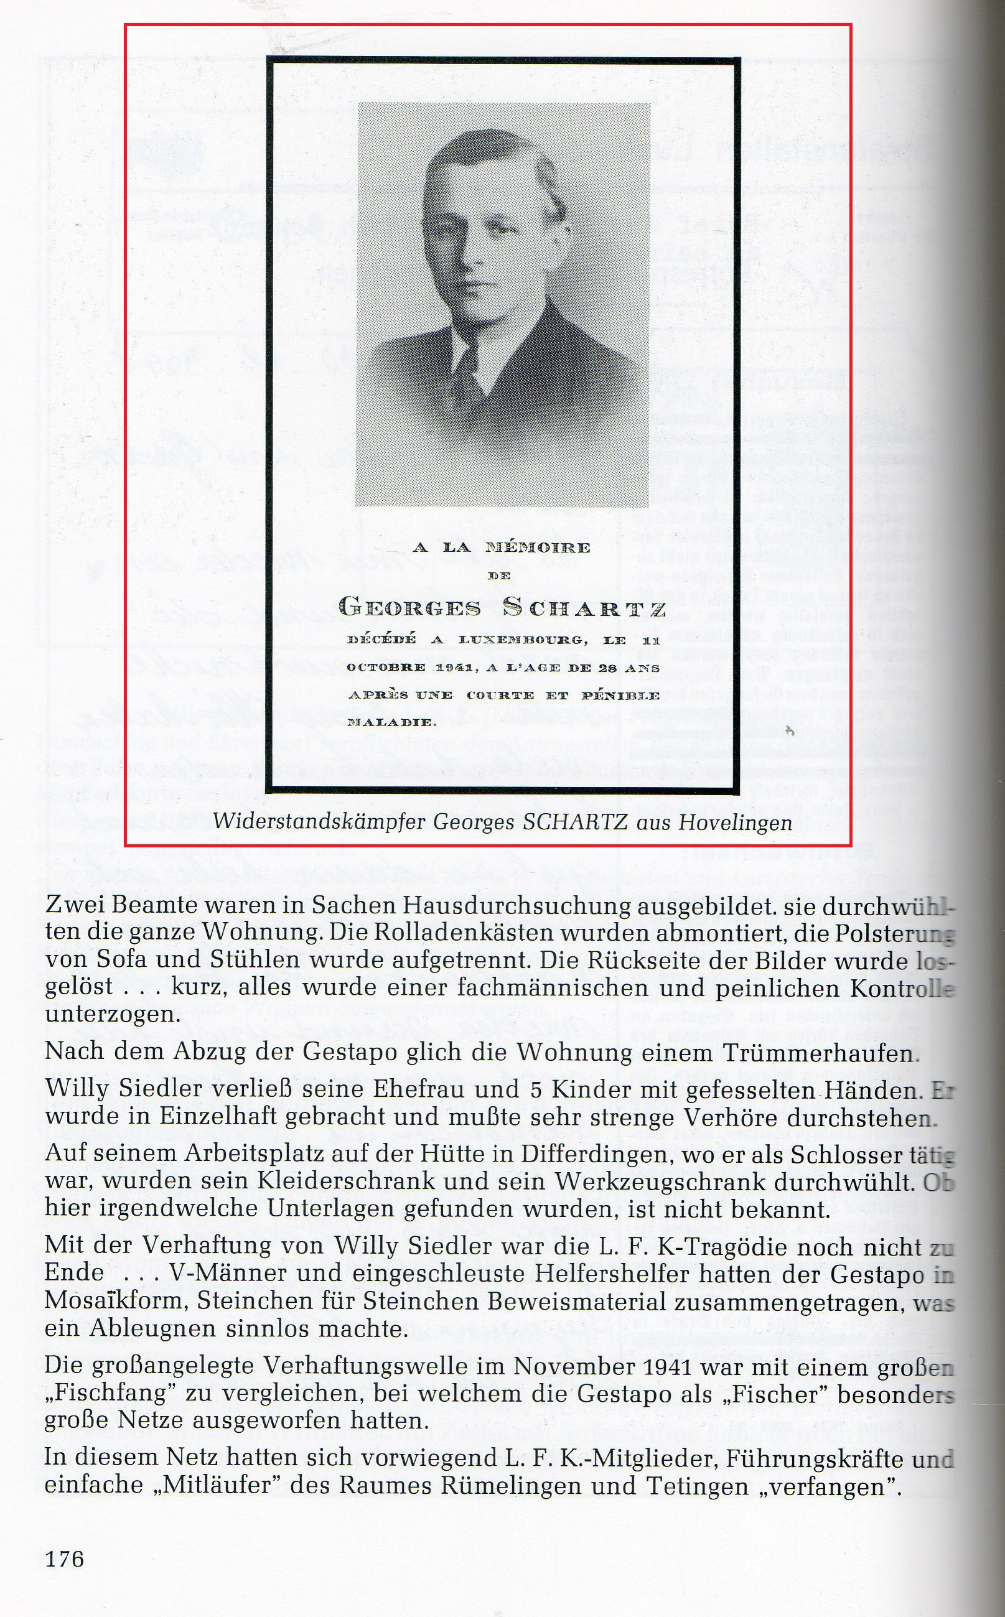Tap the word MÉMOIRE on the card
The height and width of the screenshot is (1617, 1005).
click(538, 548)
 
